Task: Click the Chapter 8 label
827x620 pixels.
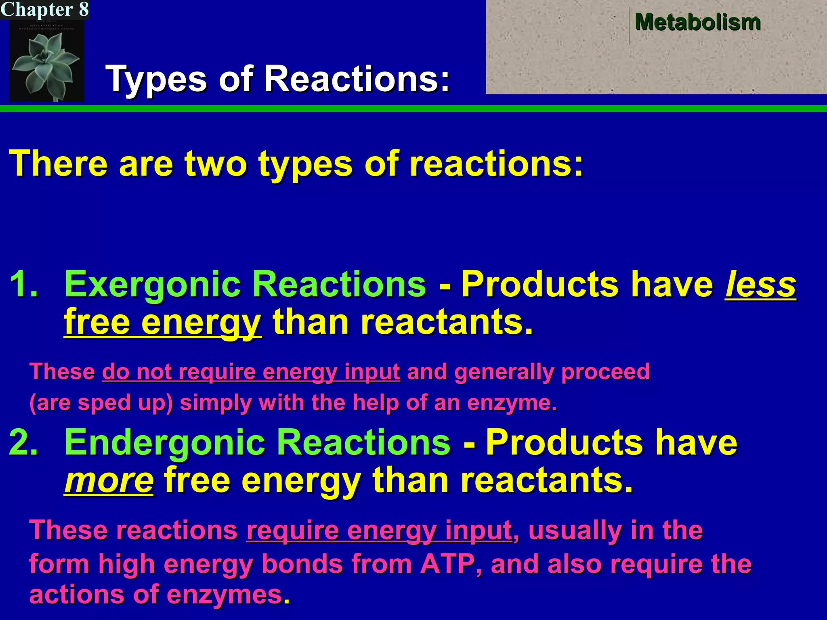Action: tap(44, 9)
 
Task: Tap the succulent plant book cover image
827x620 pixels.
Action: tap(46, 61)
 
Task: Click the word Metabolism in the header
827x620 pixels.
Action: tap(697, 22)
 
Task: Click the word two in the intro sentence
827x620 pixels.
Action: tap(215, 163)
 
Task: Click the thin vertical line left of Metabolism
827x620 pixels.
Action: tap(629, 25)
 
